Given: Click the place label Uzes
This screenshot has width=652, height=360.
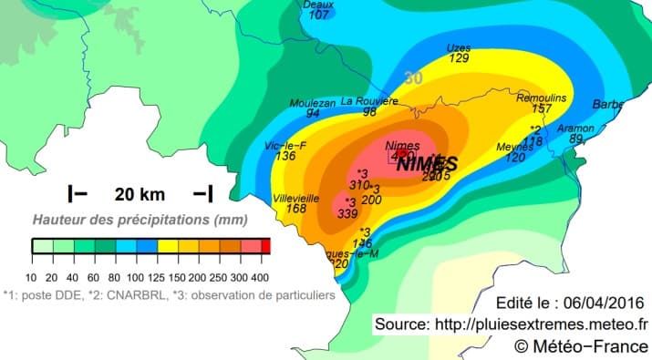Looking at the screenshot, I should point(459,47).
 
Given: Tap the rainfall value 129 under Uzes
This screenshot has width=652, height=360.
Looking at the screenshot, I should point(459,58).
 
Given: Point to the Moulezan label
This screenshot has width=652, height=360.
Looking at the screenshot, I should point(313,102).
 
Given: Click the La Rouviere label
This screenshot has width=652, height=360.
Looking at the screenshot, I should point(369,101).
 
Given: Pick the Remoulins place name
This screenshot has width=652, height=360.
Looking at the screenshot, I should point(542,98).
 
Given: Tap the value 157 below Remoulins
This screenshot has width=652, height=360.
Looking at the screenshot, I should point(543,108).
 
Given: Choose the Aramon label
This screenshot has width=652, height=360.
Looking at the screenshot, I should point(575,129).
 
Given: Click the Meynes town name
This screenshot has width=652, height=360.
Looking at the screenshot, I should point(515,147).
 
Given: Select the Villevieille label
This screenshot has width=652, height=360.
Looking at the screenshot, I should point(296,197).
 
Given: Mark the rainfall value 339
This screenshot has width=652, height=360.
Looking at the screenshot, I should point(347,213).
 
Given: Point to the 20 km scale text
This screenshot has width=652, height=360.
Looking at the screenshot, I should point(140,193).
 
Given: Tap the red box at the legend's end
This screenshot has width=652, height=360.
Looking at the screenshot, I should point(266,245).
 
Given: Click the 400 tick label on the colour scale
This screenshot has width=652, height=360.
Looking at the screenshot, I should point(263,277).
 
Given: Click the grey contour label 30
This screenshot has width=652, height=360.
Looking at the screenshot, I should point(413,78).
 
